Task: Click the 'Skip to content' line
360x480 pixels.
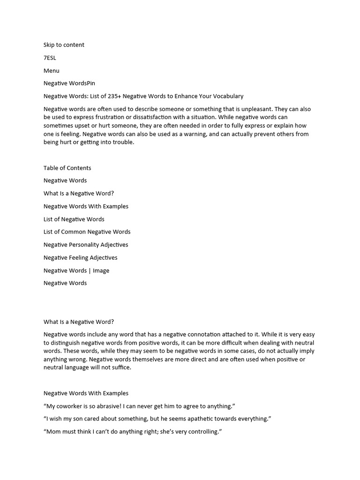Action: [64, 45]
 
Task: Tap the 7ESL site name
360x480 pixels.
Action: [50, 58]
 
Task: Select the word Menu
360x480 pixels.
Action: [51, 71]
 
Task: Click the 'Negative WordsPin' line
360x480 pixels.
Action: [69, 83]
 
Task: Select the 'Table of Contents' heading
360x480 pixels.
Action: [67, 168]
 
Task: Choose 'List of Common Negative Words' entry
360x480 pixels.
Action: [87, 232]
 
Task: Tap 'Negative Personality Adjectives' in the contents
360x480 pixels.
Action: [85, 245]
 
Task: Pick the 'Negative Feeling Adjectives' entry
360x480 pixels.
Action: [80, 257]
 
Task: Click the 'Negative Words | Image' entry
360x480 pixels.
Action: [76, 270]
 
